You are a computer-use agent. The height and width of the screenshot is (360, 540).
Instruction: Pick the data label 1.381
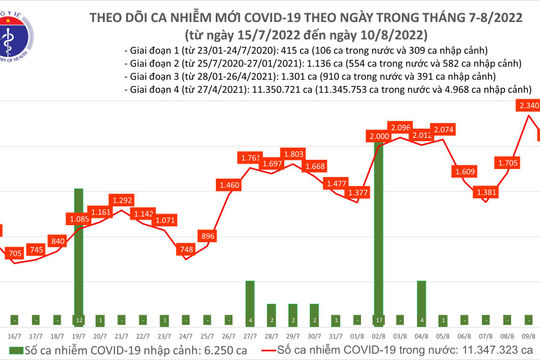[485, 192]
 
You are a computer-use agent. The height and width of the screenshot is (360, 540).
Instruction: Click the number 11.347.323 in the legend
[479, 352]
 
